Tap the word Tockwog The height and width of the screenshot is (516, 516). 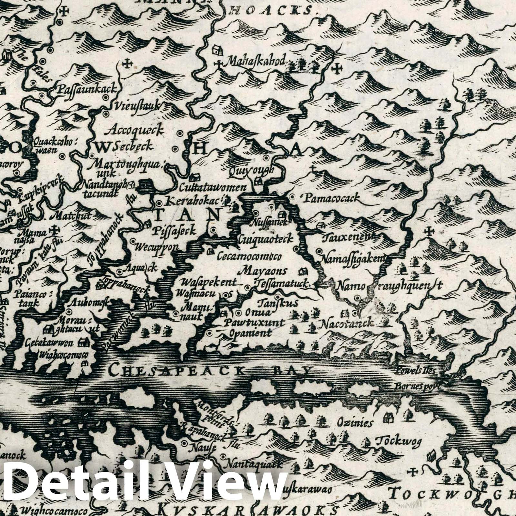399,441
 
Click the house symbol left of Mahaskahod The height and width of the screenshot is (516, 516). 216,50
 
